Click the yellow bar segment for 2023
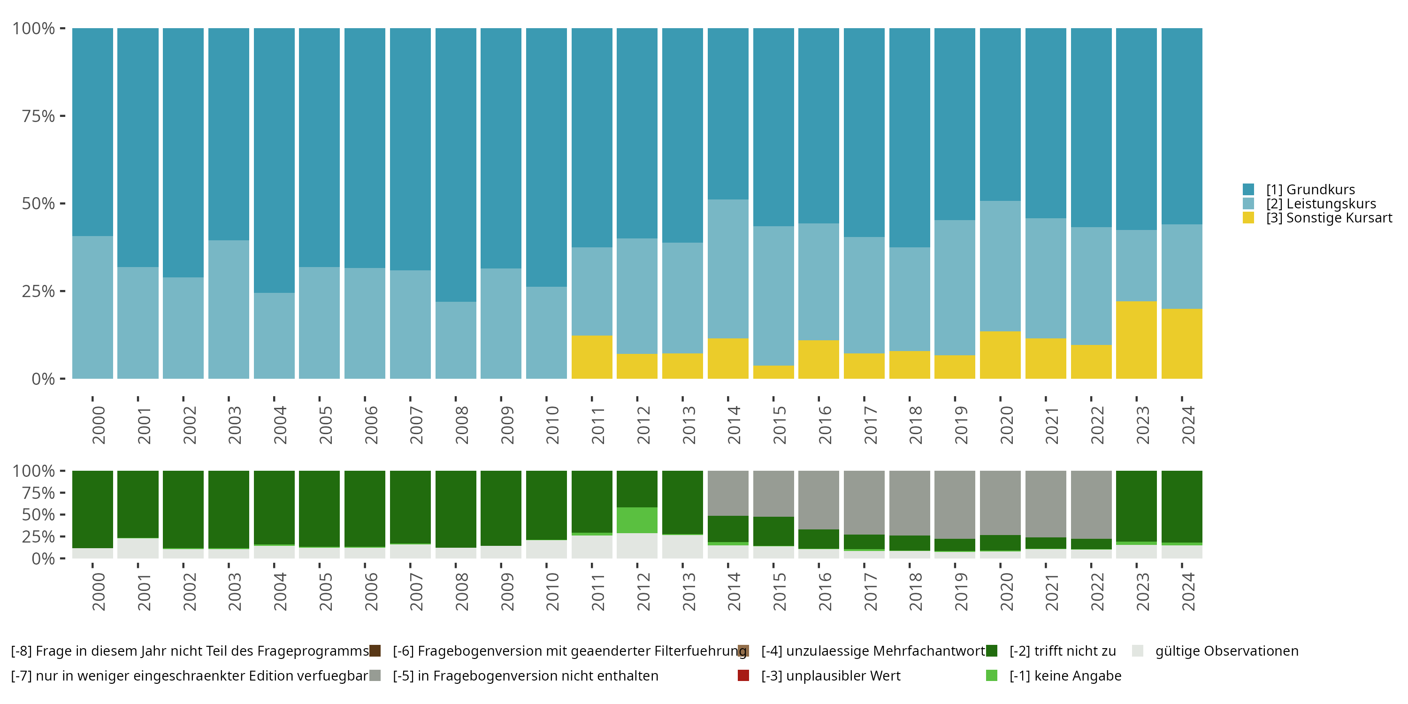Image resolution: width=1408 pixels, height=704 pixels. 1136,340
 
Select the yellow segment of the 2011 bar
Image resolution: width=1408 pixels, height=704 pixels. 591,357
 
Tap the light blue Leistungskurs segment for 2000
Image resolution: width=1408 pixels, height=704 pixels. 92,307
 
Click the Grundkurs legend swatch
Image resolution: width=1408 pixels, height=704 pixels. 1248,190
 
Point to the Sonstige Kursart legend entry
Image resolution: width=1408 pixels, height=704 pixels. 1329,218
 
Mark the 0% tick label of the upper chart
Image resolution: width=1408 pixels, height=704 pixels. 43,379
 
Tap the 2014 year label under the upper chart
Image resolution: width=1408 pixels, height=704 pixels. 734,425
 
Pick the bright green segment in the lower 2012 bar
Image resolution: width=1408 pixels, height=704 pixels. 637,520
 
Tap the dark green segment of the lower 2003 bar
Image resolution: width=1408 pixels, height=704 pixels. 229,509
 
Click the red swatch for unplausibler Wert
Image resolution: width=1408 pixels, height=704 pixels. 743,675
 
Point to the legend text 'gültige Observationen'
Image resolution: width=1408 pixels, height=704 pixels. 1226,651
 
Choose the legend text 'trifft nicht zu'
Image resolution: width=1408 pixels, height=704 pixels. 1062,651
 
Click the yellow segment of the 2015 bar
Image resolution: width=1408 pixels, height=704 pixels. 773,372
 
